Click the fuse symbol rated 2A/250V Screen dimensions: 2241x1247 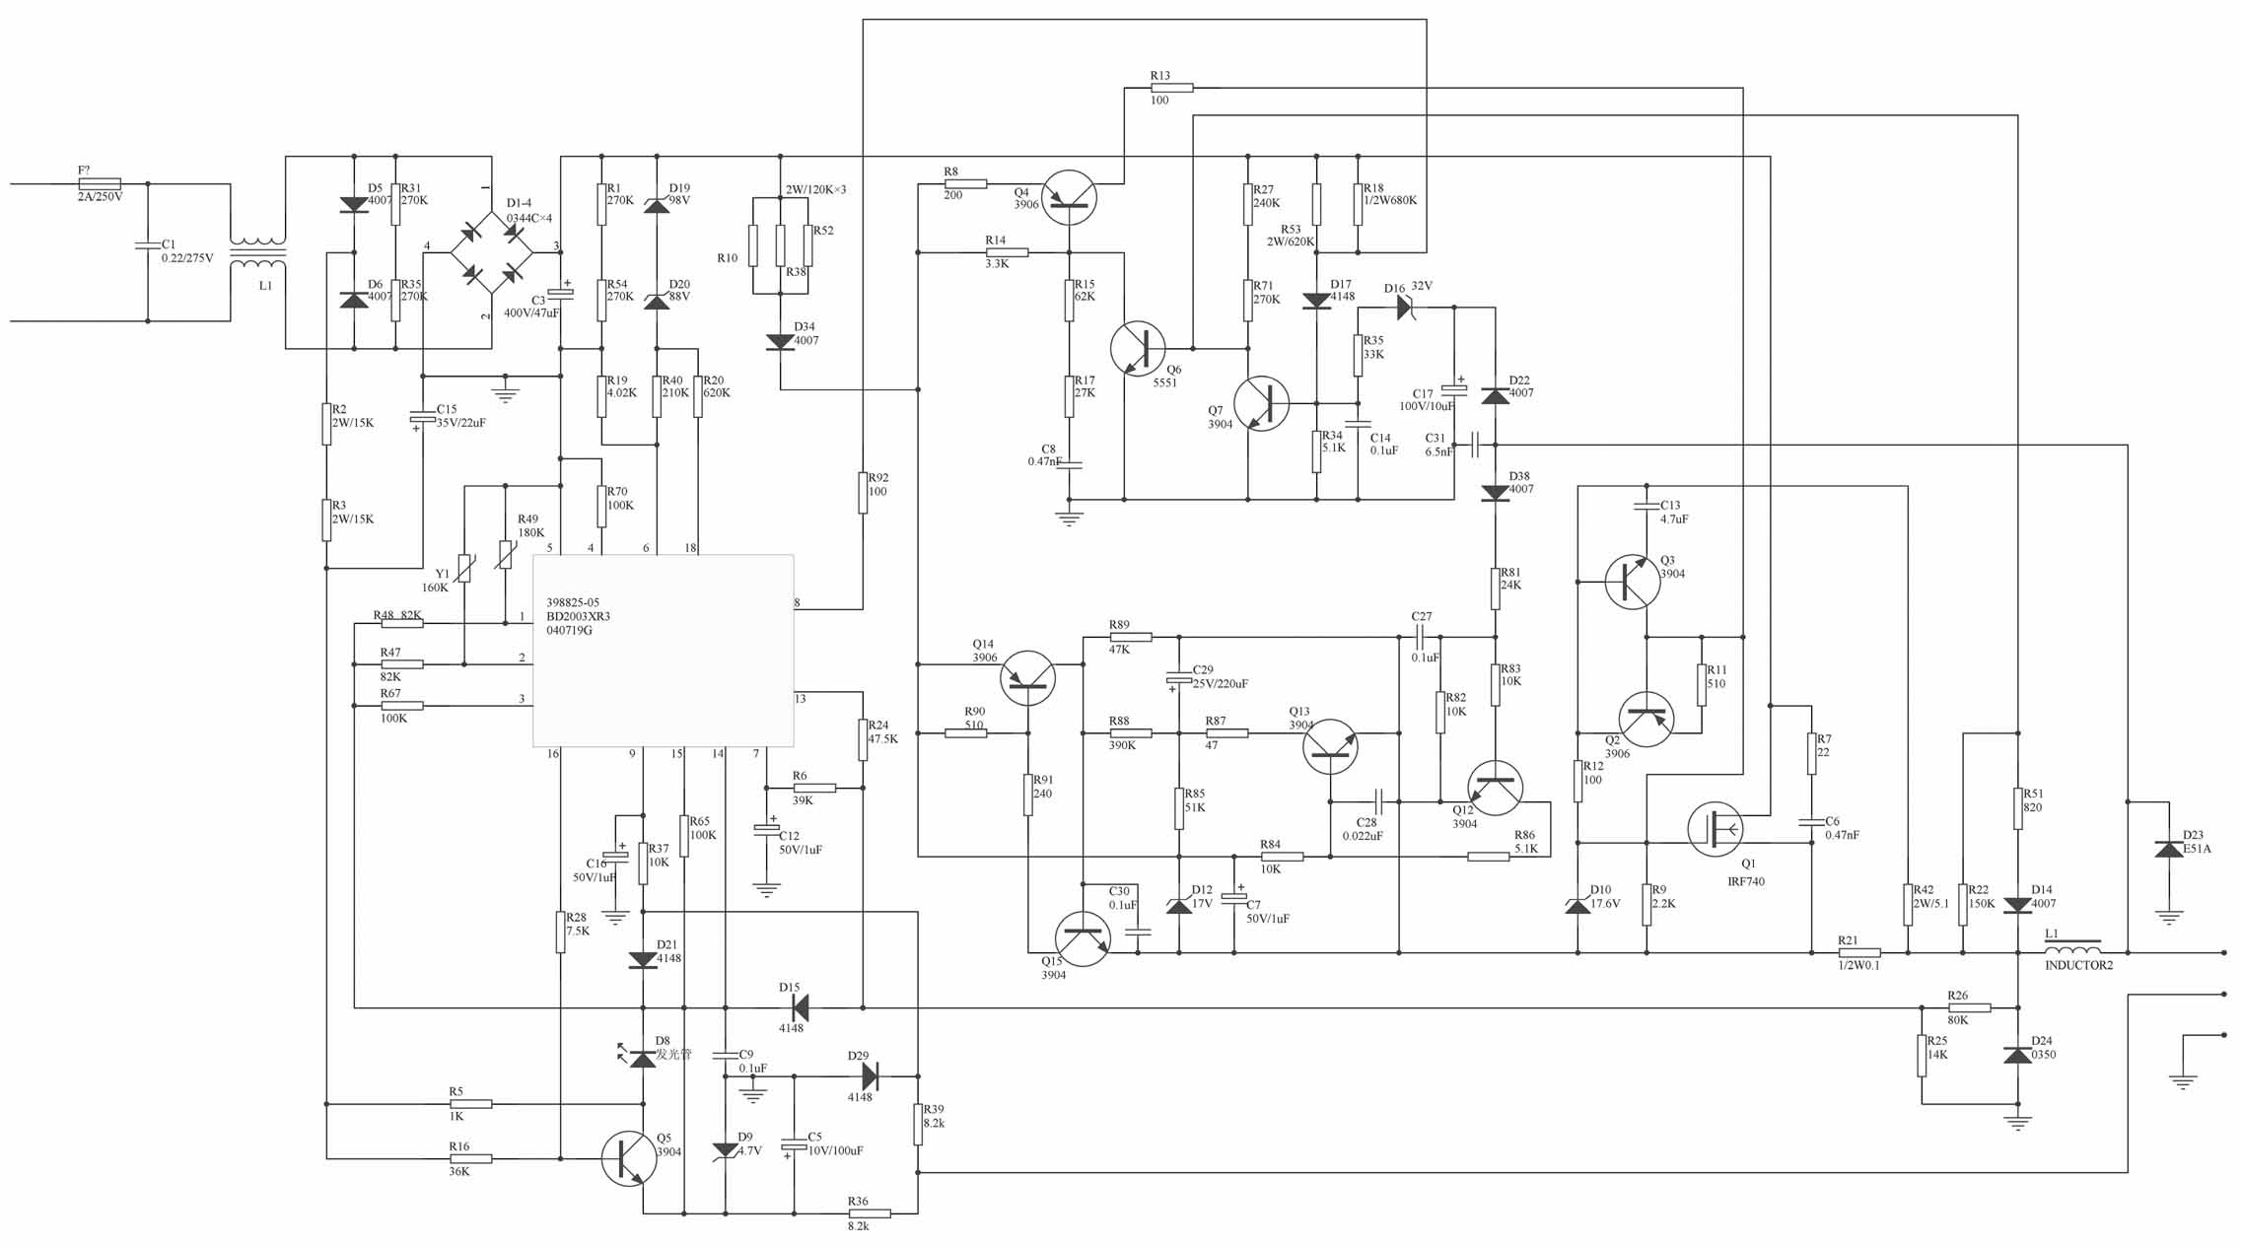point(100,184)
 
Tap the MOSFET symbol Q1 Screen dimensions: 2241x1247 point(1716,829)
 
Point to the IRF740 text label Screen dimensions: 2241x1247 point(1746,881)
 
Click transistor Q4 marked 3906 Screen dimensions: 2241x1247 point(1069,197)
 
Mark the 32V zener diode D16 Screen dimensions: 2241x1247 point(1406,308)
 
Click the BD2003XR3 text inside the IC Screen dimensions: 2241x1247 point(578,616)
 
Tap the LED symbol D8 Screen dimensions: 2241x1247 point(641,1058)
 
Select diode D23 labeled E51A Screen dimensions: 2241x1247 point(2168,849)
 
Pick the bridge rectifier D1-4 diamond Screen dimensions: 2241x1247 point(492,251)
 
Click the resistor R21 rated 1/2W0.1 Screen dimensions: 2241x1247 point(1859,953)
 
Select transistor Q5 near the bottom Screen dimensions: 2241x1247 point(629,1159)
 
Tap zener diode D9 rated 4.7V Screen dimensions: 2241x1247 point(725,1149)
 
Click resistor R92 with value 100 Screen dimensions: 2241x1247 point(863,493)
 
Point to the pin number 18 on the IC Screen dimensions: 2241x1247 point(690,548)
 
